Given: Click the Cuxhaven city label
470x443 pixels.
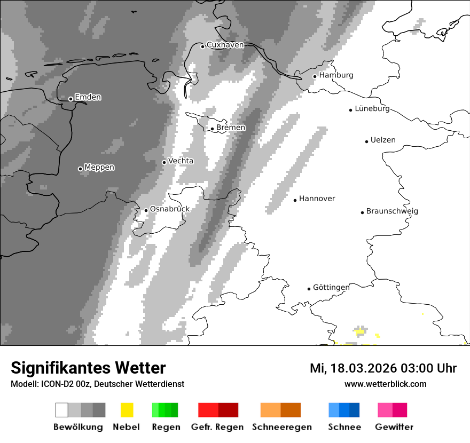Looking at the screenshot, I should (x=225, y=45).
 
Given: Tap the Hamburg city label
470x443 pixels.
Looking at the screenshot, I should (x=336, y=75).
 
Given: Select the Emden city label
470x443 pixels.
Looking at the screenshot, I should (x=88, y=97).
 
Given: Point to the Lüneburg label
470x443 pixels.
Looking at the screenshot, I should (x=372, y=109).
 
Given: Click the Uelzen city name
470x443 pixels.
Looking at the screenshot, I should (x=383, y=140).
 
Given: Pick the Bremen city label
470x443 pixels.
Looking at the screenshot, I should (x=231, y=128).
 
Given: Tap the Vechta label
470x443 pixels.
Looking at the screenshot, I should (x=181, y=161).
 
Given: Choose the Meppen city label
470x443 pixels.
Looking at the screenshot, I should (x=99, y=168).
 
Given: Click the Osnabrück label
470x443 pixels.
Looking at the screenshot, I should (x=169, y=209).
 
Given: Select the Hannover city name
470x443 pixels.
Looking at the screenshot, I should (x=317, y=199).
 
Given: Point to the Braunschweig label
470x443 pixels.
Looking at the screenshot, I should (x=392, y=211).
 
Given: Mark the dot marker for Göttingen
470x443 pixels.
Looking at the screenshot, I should (x=309, y=289).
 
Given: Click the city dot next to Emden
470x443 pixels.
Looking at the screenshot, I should (x=70, y=99).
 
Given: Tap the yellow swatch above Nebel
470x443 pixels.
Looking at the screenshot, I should (x=127, y=410).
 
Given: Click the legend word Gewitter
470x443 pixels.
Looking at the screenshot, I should (x=394, y=427).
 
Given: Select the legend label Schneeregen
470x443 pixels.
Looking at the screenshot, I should (x=282, y=427).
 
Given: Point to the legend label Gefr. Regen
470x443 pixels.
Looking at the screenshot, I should (x=217, y=427).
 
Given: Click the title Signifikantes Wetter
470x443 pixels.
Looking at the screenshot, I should (x=88, y=368).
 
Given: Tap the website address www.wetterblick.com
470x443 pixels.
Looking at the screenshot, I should (x=385, y=384).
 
